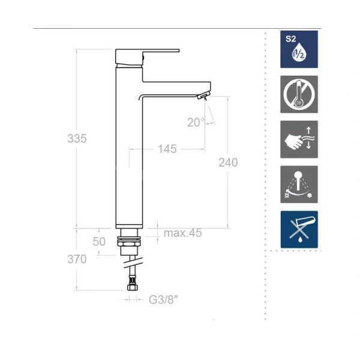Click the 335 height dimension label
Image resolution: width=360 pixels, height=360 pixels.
[x=77, y=139]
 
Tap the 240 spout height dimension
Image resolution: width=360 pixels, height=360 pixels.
[x=228, y=163]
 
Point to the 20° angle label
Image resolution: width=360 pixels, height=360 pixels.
[x=196, y=122]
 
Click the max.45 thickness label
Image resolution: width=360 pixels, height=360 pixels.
[x=182, y=233]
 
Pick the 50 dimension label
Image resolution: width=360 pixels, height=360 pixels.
[x=100, y=242]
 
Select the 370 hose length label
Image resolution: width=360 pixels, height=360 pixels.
[x=77, y=259]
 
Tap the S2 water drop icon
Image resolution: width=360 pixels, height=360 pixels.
[x=299, y=49]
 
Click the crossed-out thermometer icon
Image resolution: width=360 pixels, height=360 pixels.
[x=299, y=94]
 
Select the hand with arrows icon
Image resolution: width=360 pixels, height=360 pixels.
[x=299, y=139]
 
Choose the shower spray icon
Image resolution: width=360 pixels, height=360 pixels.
[x=299, y=184]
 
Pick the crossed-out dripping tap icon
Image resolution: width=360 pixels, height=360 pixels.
[x=299, y=229]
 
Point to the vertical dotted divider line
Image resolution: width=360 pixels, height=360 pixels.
[x=265, y=180]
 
